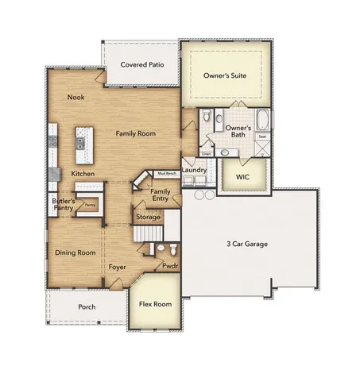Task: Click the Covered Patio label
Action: (141, 65)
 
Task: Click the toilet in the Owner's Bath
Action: (207, 119)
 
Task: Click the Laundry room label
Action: (194, 170)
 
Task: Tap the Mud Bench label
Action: (165, 172)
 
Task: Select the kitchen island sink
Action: (80, 143)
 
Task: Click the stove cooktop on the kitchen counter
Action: (53, 143)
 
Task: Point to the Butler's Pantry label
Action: (64, 206)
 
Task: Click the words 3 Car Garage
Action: (245, 244)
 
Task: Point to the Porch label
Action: (87, 306)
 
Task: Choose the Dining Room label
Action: (75, 252)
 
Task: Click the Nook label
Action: (75, 98)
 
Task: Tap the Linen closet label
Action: (206, 153)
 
